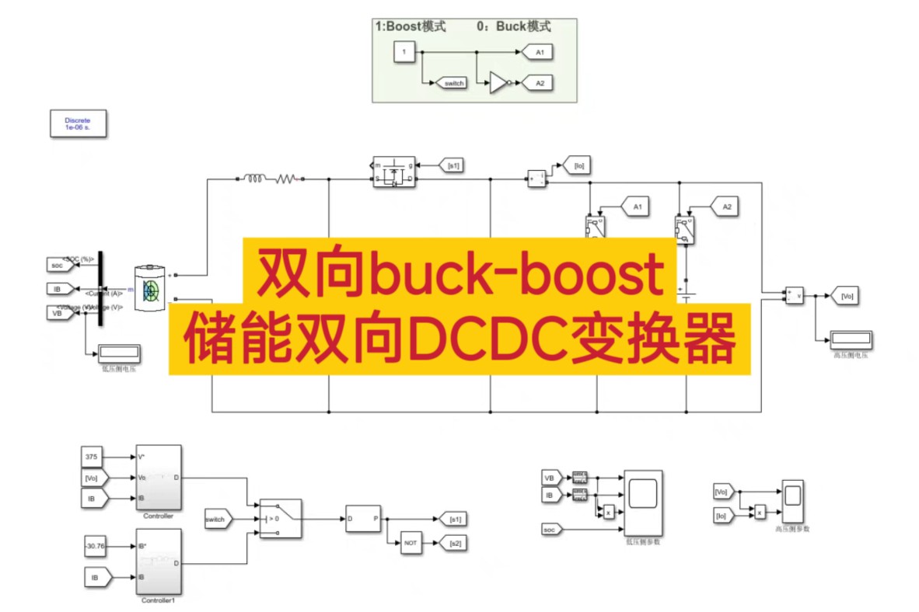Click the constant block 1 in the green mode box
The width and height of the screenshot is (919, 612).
[404, 52]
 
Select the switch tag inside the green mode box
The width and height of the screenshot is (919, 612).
[453, 82]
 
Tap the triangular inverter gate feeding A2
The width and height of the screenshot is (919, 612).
[498, 82]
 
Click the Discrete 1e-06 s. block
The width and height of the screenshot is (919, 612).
[78, 123]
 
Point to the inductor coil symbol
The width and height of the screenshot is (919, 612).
[254, 179]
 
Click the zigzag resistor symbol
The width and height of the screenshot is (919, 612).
[285, 179]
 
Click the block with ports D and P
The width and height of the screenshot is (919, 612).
[363, 518]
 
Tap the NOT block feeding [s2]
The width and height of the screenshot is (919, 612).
[411, 544]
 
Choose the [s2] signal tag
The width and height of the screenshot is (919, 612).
[454, 544]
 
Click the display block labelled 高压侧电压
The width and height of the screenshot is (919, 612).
[851, 339]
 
